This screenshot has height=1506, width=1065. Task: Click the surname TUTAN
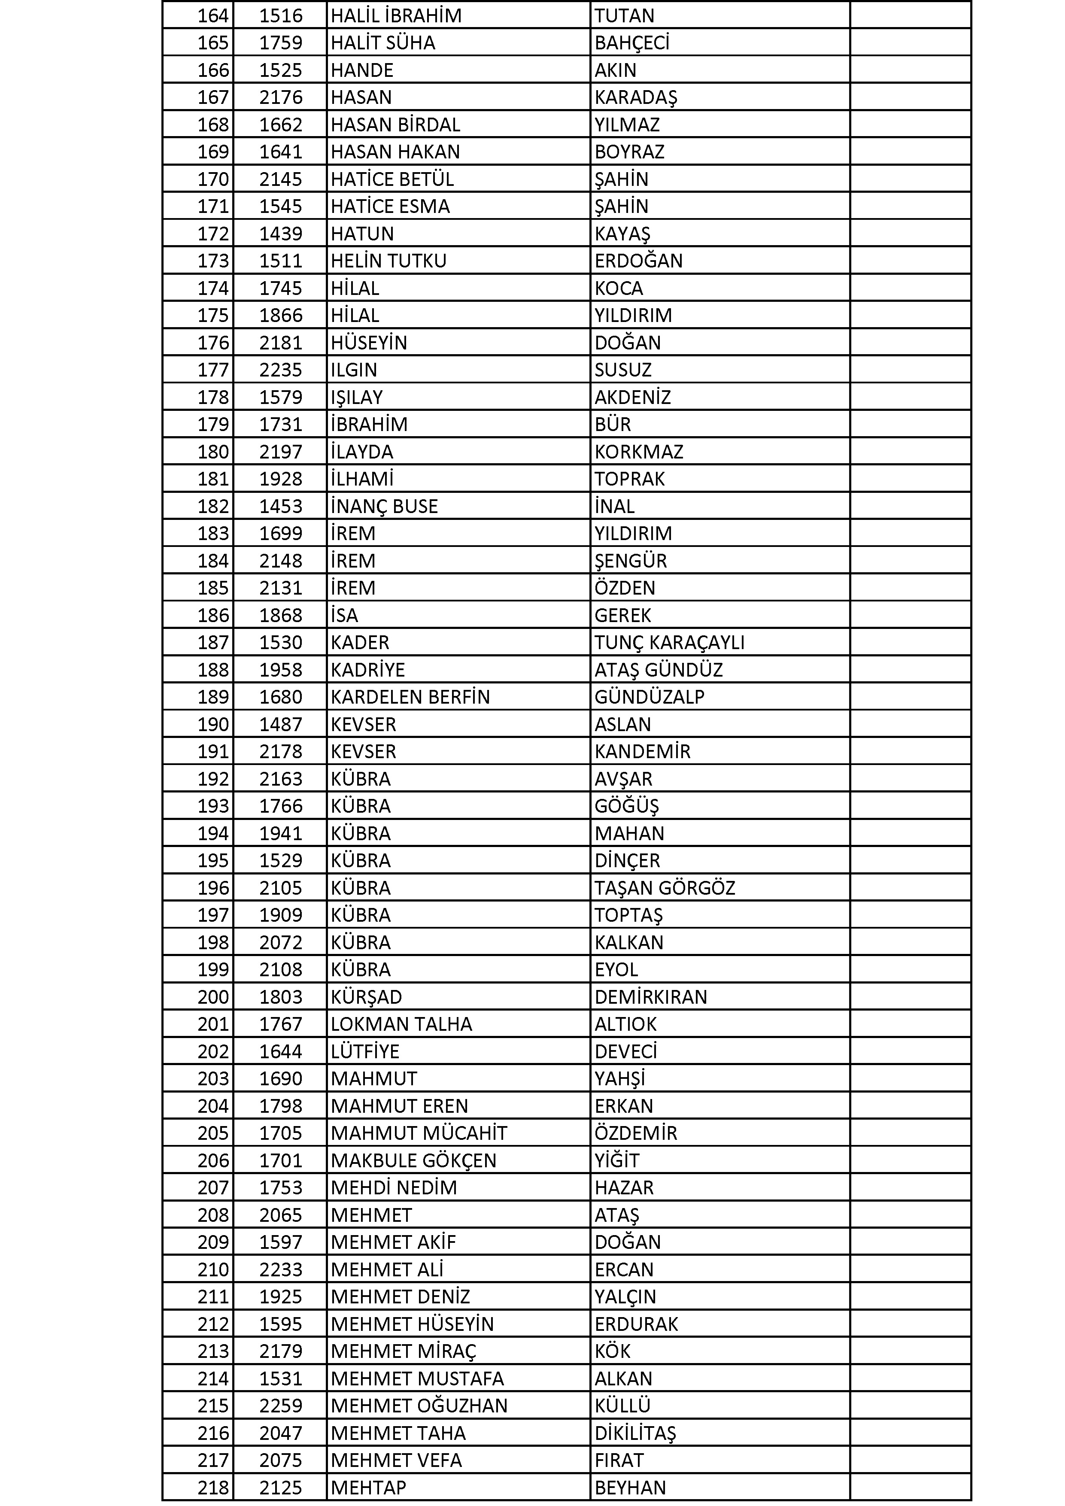pyautogui.click(x=624, y=15)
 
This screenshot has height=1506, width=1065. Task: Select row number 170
pyautogui.click(x=213, y=179)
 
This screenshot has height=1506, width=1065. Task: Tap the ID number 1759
pyautogui.click(x=281, y=43)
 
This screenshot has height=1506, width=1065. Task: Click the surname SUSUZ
pyautogui.click(x=622, y=370)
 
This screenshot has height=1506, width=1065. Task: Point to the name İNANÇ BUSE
pyautogui.click(x=384, y=507)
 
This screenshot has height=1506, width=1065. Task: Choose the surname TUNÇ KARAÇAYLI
pyautogui.click(x=669, y=642)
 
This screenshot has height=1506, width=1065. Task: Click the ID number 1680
pyautogui.click(x=281, y=697)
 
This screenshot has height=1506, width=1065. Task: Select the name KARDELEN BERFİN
pyautogui.click(x=410, y=697)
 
